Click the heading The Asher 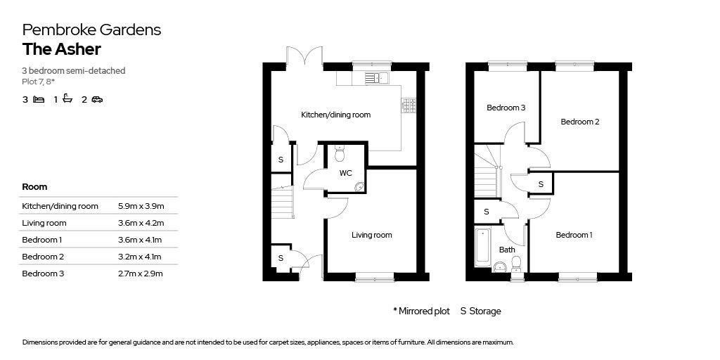pyautogui.click(x=62, y=49)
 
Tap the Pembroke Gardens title pyautogui.click(x=92, y=30)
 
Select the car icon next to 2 pyautogui.click(x=97, y=99)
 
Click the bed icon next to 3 pyautogui.click(x=39, y=99)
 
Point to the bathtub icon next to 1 pyautogui.click(x=67, y=98)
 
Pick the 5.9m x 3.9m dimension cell pyautogui.click(x=141, y=206)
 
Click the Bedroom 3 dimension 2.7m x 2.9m pyautogui.click(x=141, y=274)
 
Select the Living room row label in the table pyautogui.click(x=44, y=223)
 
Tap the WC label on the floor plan pyautogui.click(x=345, y=173)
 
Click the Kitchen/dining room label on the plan pyautogui.click(x=335, y=115)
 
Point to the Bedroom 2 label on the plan pyautogui.click(x=580, y=122)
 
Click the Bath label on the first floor pyautogui.click(x=507, y=250)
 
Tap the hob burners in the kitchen pyautogui.click(x=409, y=105)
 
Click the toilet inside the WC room pyautogui.click(x=340, y=154)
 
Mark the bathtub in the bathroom pyautogui.click(x=482, y=247)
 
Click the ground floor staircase pyautogui.click(x=283, y=202)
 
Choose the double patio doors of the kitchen pyautogui.click(x=304, y=57)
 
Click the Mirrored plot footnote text pyautogui.click(x=422, y=311)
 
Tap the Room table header pyautogui.click(x=34, y=187)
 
